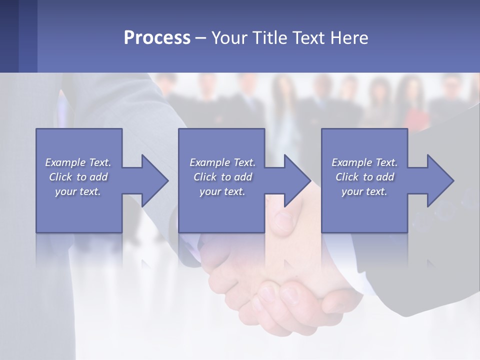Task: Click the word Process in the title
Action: tap(157, 38)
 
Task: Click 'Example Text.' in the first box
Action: tap(78, 162)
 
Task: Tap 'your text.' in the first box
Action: tap(78, 191)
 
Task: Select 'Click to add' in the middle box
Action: tap(222, 177)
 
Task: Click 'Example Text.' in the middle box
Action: tap(222, 162)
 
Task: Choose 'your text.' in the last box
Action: tap(364, 191)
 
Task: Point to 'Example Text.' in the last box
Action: tap(364, 162)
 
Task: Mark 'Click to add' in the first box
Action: tap(78, 177)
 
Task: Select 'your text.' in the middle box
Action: tap(222, 191)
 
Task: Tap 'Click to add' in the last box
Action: tap(364, 177)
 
